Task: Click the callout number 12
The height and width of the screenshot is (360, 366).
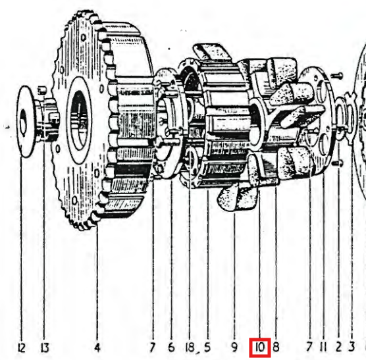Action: point(21,348)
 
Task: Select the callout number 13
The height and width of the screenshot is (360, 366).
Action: point(45,348)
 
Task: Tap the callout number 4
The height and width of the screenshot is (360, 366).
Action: point(97,347)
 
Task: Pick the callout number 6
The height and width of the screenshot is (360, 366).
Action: point(171,347)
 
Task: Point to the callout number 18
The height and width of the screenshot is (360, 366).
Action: point(190,347)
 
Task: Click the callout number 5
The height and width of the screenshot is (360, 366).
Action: point(207,347)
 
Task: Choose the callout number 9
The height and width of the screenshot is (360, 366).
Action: point(234,347)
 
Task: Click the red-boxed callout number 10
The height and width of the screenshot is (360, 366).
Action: point(260,347)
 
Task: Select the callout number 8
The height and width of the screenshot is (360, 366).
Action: point(276,347)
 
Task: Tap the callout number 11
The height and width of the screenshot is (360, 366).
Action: point(323,347)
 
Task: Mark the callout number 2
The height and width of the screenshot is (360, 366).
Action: point(339,347)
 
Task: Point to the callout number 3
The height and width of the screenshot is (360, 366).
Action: point(352,347)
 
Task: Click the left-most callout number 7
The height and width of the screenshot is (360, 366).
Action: point(152,347)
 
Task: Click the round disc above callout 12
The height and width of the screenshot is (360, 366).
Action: point(25,121)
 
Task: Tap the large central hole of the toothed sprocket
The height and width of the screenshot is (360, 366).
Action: point(80,120)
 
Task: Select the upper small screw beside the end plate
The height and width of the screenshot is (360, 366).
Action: point(337,75)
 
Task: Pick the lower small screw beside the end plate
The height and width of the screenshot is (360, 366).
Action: point(338,163)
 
